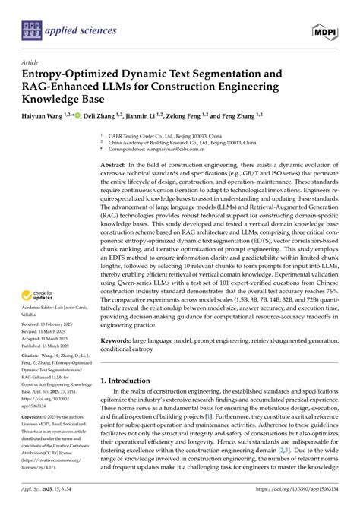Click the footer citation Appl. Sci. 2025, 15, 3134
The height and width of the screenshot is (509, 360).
pos(46,501)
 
